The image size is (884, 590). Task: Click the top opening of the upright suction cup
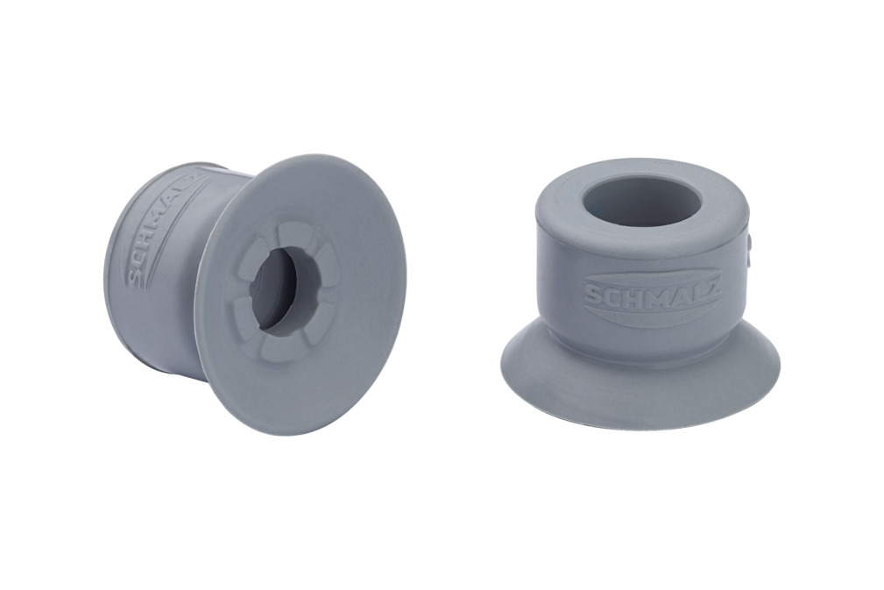(641, 202)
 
